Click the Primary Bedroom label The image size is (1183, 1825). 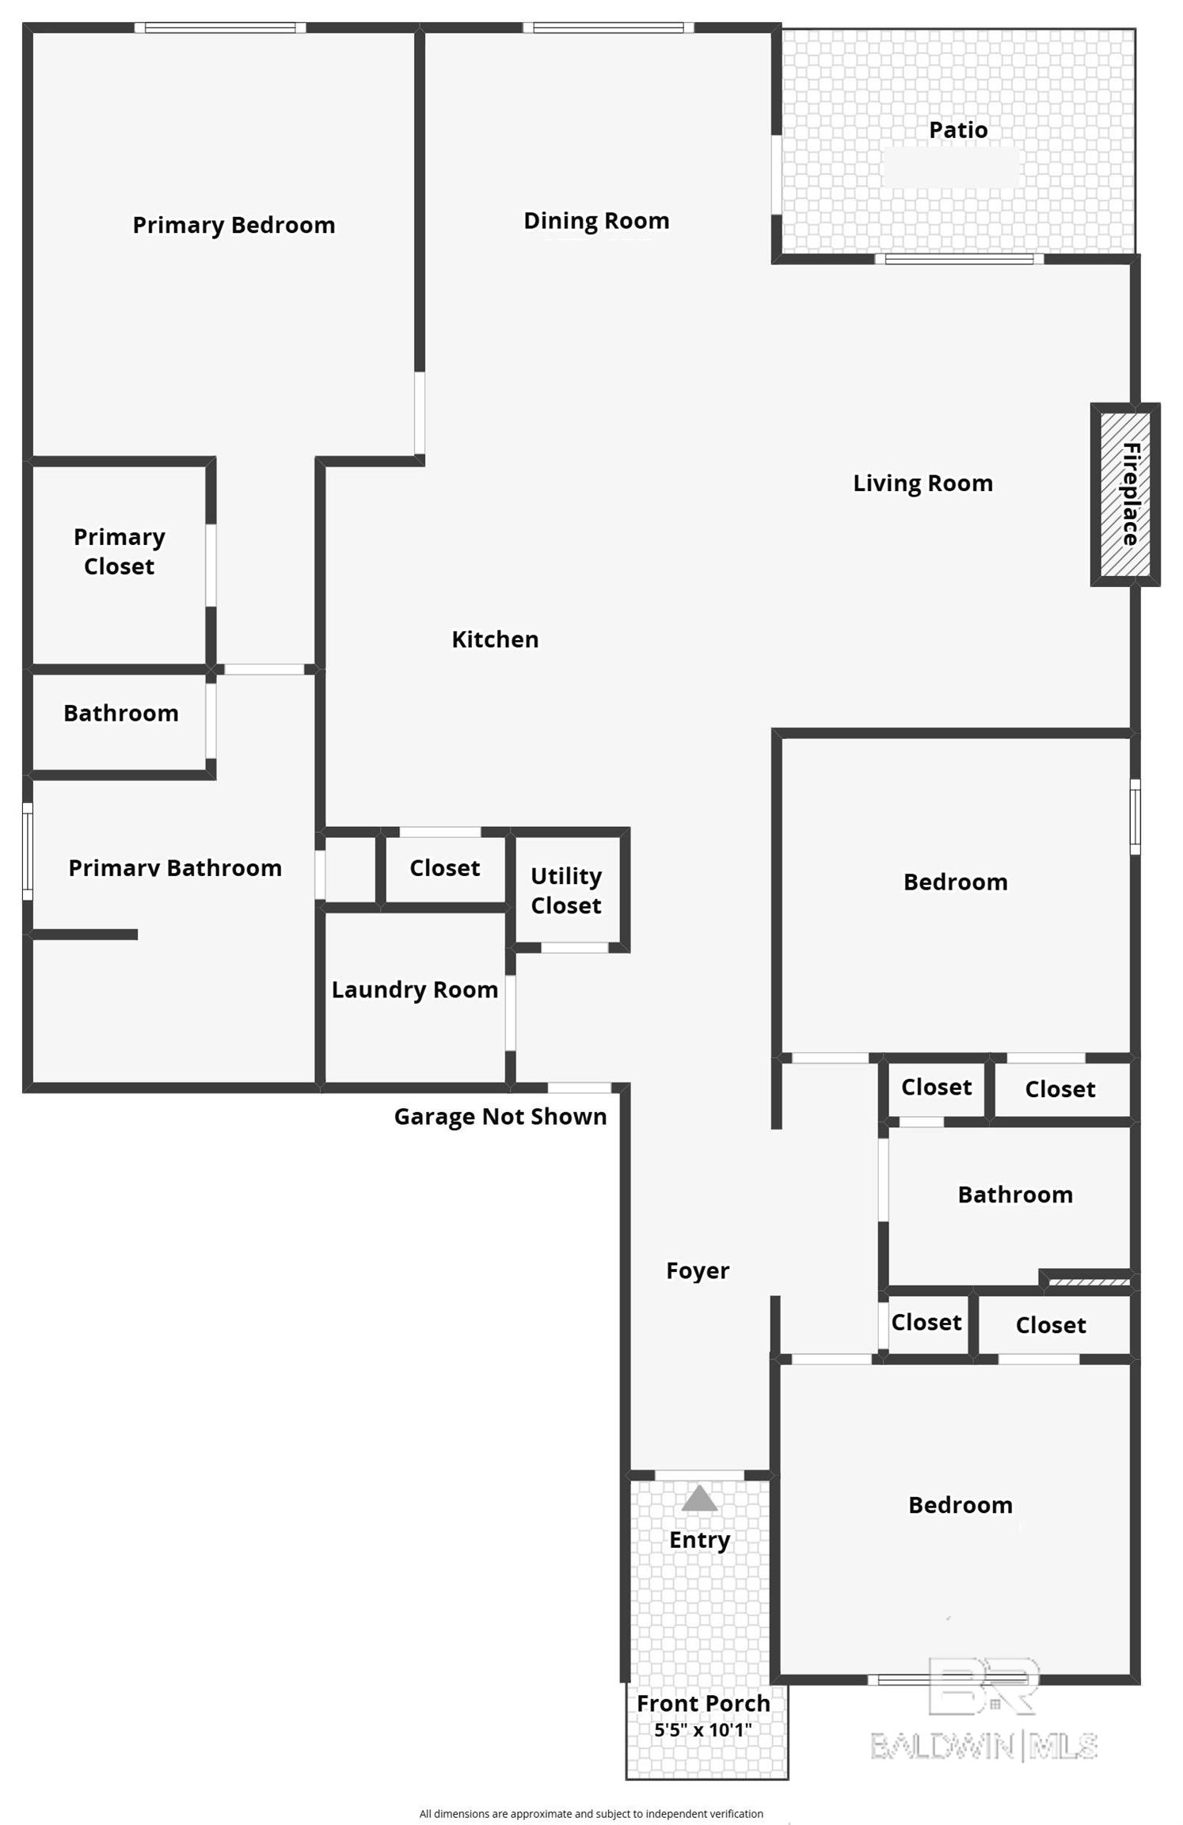tap(234, 226)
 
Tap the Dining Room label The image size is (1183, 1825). tap(596, 221)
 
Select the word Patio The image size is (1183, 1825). tap(958, 130)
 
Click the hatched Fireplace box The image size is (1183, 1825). tap(1125, 494)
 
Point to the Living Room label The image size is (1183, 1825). tap(922, 483)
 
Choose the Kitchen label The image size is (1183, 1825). tap(495, 639)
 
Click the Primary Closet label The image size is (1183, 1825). tap(120, 551)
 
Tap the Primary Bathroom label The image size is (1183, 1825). tap(175, 868)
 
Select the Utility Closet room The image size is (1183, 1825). tap(566, 890)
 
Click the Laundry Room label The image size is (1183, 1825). tap(415, 990)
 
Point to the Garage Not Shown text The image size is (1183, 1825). tap(500, 1117)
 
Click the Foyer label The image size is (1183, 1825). tap(698, 1271)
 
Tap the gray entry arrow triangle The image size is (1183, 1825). tap(699, 1499)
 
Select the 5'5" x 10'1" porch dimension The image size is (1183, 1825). tap(703, 1730)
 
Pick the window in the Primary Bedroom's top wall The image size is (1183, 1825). tap(220, 28)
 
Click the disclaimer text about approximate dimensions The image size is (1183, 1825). tap(591, 1814)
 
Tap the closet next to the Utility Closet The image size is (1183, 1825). tap(445, 868)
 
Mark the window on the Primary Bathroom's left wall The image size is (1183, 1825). tap(28, 851)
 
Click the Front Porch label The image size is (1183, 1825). tap(703, 1703)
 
